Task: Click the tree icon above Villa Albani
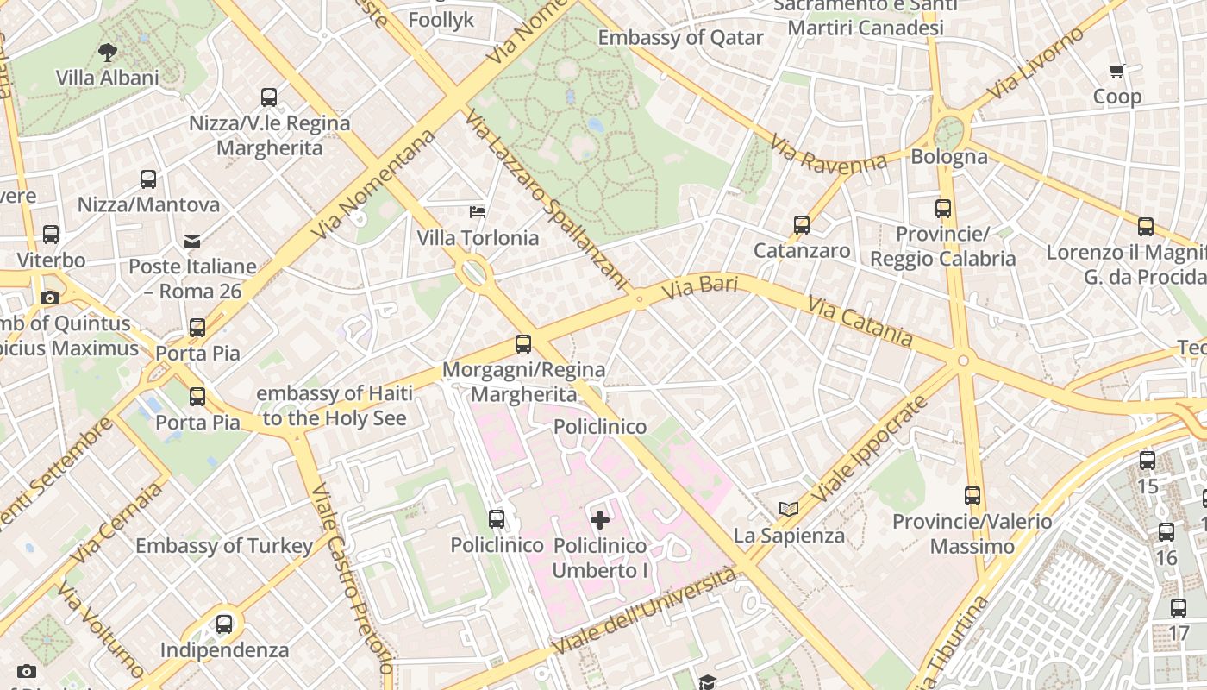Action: (108, 53)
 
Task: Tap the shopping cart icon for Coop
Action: (1116, 72)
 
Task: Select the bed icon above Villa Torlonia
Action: (478, 212)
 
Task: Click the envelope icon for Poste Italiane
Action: (191, 241)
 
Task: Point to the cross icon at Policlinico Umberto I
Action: (600, 519)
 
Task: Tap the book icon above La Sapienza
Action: (788, 509)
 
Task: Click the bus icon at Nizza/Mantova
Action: (148, 179)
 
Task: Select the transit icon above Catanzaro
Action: (802, 225)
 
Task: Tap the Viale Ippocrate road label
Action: (871, 450)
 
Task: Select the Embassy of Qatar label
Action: (680, 38)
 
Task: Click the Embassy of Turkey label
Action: (224, 546)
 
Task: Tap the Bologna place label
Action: (948, 157)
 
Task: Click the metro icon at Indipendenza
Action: (224, 624)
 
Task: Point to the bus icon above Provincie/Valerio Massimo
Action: (972, 496)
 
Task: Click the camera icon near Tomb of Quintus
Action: (50, 298)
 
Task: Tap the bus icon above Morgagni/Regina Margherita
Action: (522, 344)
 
